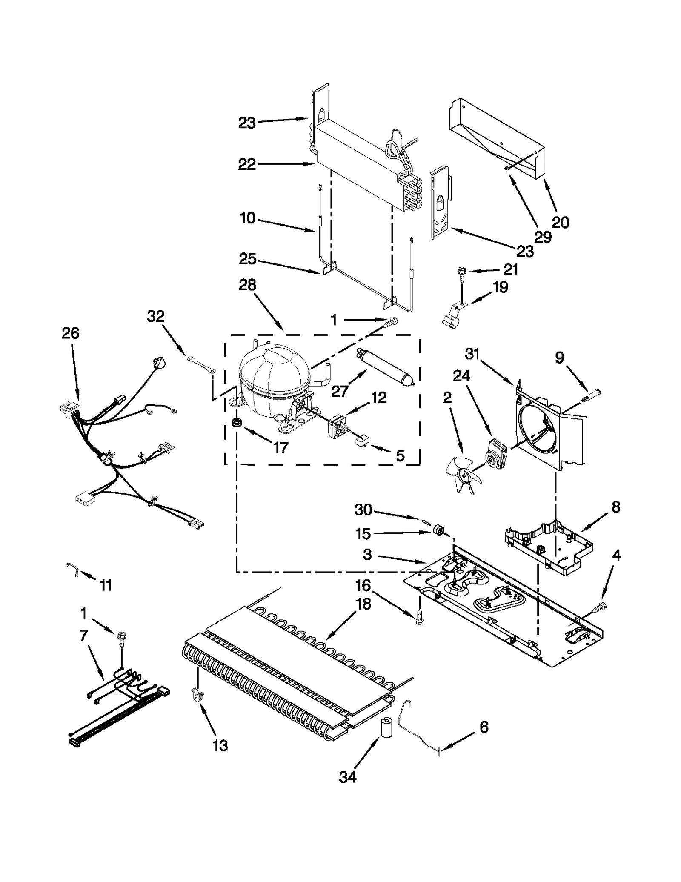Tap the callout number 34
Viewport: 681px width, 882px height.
347,777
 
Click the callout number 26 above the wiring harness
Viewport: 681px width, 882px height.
70,333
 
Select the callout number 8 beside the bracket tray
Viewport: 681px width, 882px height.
615,507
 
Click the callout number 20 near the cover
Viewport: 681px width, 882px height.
560,222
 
